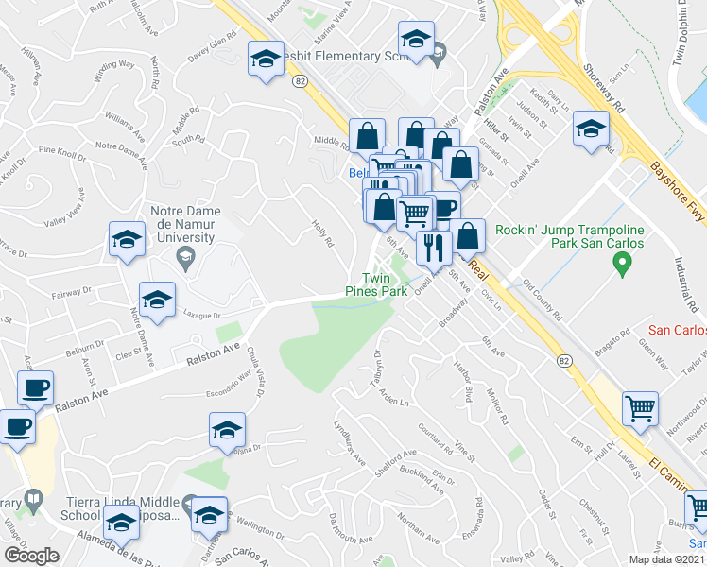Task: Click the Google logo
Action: (x=31, y=556)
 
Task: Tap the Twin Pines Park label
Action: (x=386, y=285)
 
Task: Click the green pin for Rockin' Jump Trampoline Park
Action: (x=622, y=267)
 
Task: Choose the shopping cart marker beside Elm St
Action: (x=640, y=410)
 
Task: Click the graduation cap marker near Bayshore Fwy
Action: (x=591, y=130)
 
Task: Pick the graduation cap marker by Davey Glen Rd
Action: (x=266, y=60)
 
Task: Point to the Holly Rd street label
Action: (x=323, y=232)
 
